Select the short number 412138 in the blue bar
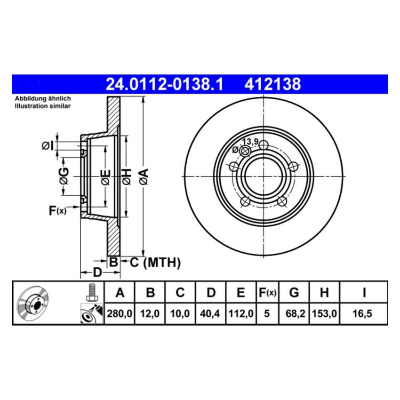(x=272, y=84)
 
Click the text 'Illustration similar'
(x=43, y=106)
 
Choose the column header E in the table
(x=241, y=293)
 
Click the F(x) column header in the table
(x=267, y=293)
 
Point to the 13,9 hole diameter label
(x=249, y=142)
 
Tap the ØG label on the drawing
(x=64, y=176)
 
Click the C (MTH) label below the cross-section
(x=155, y=263)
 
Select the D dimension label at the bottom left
(x=96, y=272)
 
